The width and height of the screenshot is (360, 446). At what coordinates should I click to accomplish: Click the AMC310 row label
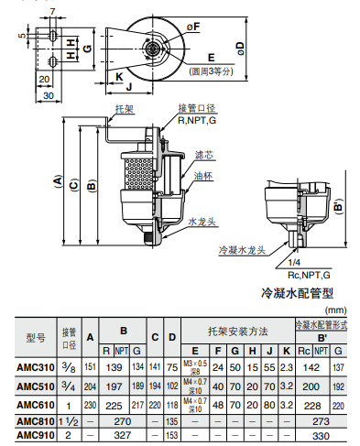click(x=36, y=366)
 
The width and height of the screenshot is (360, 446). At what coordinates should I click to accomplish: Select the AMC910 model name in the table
click(x=36, y=435)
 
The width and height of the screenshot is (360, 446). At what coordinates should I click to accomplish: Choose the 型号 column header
click(x=36, y=336)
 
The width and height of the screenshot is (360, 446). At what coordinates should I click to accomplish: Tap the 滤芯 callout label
click(x=203, y=157)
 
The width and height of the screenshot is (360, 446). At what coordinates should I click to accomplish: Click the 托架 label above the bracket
click(x=124, y=108)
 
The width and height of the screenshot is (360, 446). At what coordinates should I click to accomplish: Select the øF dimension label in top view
click(x=193, y=27)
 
